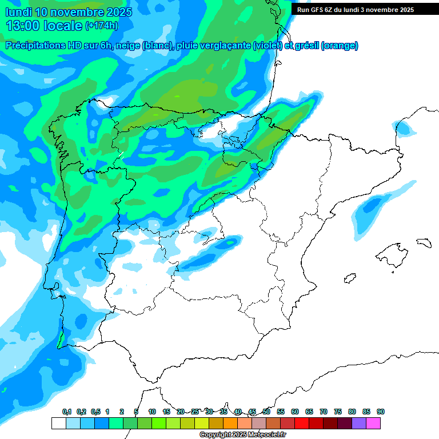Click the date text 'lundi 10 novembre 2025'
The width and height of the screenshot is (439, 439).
click(69, 12)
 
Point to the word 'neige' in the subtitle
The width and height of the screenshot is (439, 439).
click(130, 46)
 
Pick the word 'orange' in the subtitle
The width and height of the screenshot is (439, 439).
click(341, 46)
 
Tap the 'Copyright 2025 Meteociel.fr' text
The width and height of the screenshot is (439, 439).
click(242, 435)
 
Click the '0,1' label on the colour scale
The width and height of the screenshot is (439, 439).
click(67, 412)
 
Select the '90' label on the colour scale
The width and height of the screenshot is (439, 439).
click(381, 412)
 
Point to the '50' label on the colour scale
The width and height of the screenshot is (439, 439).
click(266, 412)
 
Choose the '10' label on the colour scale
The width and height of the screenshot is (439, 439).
click(152, 412)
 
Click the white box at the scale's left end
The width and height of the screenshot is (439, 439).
click(58, 423)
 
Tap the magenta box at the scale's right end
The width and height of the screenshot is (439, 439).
click(373, 423)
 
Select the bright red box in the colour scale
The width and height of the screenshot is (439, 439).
click(302, 423)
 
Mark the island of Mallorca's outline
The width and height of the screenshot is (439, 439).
click(388, 255)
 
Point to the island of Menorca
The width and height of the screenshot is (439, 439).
click(424, 242)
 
